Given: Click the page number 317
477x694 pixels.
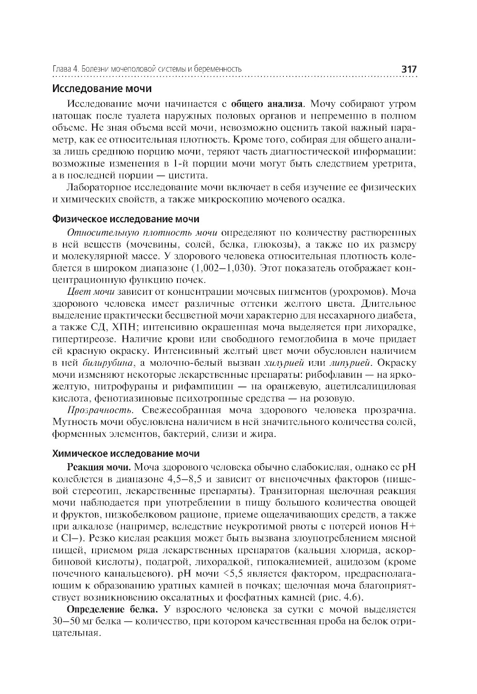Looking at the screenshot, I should (x=409, y=69).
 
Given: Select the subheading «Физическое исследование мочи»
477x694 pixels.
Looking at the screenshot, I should (x=125, y=219).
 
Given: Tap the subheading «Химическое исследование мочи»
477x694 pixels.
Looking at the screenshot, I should (x=125, y=454).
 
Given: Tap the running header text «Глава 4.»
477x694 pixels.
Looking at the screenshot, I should (x=65, y=70).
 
